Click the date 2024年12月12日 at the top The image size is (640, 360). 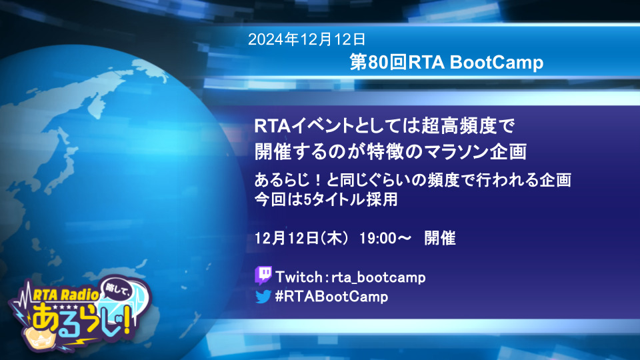[307, 39]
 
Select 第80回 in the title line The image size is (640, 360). [379, 63]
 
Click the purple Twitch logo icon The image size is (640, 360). [263, 275]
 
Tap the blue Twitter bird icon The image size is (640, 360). [263, 296]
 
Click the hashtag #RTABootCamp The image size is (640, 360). [331, 296]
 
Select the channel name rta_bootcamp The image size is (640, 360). [379, 277]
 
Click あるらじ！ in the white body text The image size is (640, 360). [289, 180]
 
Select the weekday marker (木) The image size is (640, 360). [334, 238]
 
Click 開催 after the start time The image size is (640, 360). [439, 238]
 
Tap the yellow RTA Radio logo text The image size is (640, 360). [66, 294]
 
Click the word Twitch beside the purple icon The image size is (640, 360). [299, 277]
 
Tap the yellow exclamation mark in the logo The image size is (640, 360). [128, 321]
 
